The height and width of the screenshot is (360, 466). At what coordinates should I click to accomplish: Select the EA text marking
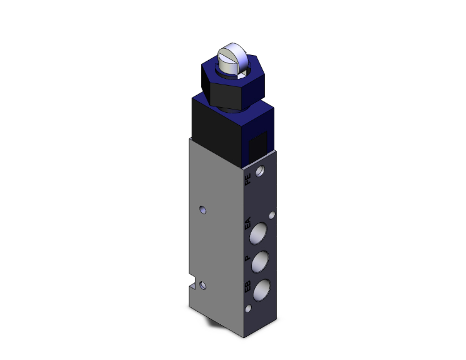(247, 223)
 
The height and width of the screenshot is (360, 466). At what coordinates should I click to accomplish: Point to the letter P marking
(247, 257)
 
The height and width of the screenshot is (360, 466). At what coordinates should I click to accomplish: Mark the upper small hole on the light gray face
(201, 209)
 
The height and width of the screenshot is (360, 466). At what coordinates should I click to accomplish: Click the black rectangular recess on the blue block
(256, 148)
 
